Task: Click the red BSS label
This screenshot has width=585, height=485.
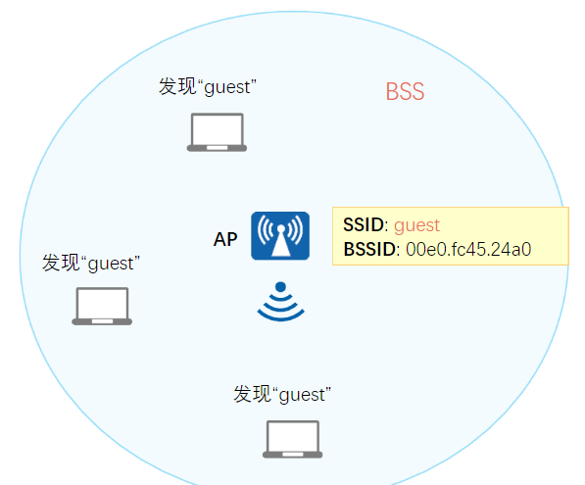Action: (405, 91)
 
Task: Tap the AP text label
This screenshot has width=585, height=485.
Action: (225, 239)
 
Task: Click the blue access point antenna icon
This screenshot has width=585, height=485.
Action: (280, 236)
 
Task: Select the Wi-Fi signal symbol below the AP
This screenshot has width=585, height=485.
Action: (280, 302)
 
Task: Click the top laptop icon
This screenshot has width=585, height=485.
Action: (217, 132)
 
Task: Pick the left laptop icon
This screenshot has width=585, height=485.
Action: (102, 306)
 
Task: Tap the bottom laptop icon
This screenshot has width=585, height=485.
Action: (292, 439)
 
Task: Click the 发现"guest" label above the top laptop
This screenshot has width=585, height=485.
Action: (208, 87)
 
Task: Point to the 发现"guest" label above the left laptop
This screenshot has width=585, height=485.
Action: (91, 263)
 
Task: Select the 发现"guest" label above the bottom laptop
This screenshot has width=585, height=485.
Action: (282, 394)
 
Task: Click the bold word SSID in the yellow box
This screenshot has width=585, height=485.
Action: (364, 225)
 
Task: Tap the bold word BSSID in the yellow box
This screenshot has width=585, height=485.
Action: (369, 249)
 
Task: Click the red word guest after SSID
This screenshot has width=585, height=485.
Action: (416, 226)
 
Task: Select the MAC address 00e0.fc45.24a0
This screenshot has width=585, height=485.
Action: (468, 249)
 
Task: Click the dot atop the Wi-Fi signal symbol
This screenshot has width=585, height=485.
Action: (280, 286)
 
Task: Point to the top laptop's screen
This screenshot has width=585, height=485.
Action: (217, 129)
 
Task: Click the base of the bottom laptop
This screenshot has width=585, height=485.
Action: (292, 455)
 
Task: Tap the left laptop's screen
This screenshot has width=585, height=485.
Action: (102, 303)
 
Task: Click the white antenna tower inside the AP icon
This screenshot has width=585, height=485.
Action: (280, 241)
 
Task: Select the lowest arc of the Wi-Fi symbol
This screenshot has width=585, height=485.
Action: (280, 318)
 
